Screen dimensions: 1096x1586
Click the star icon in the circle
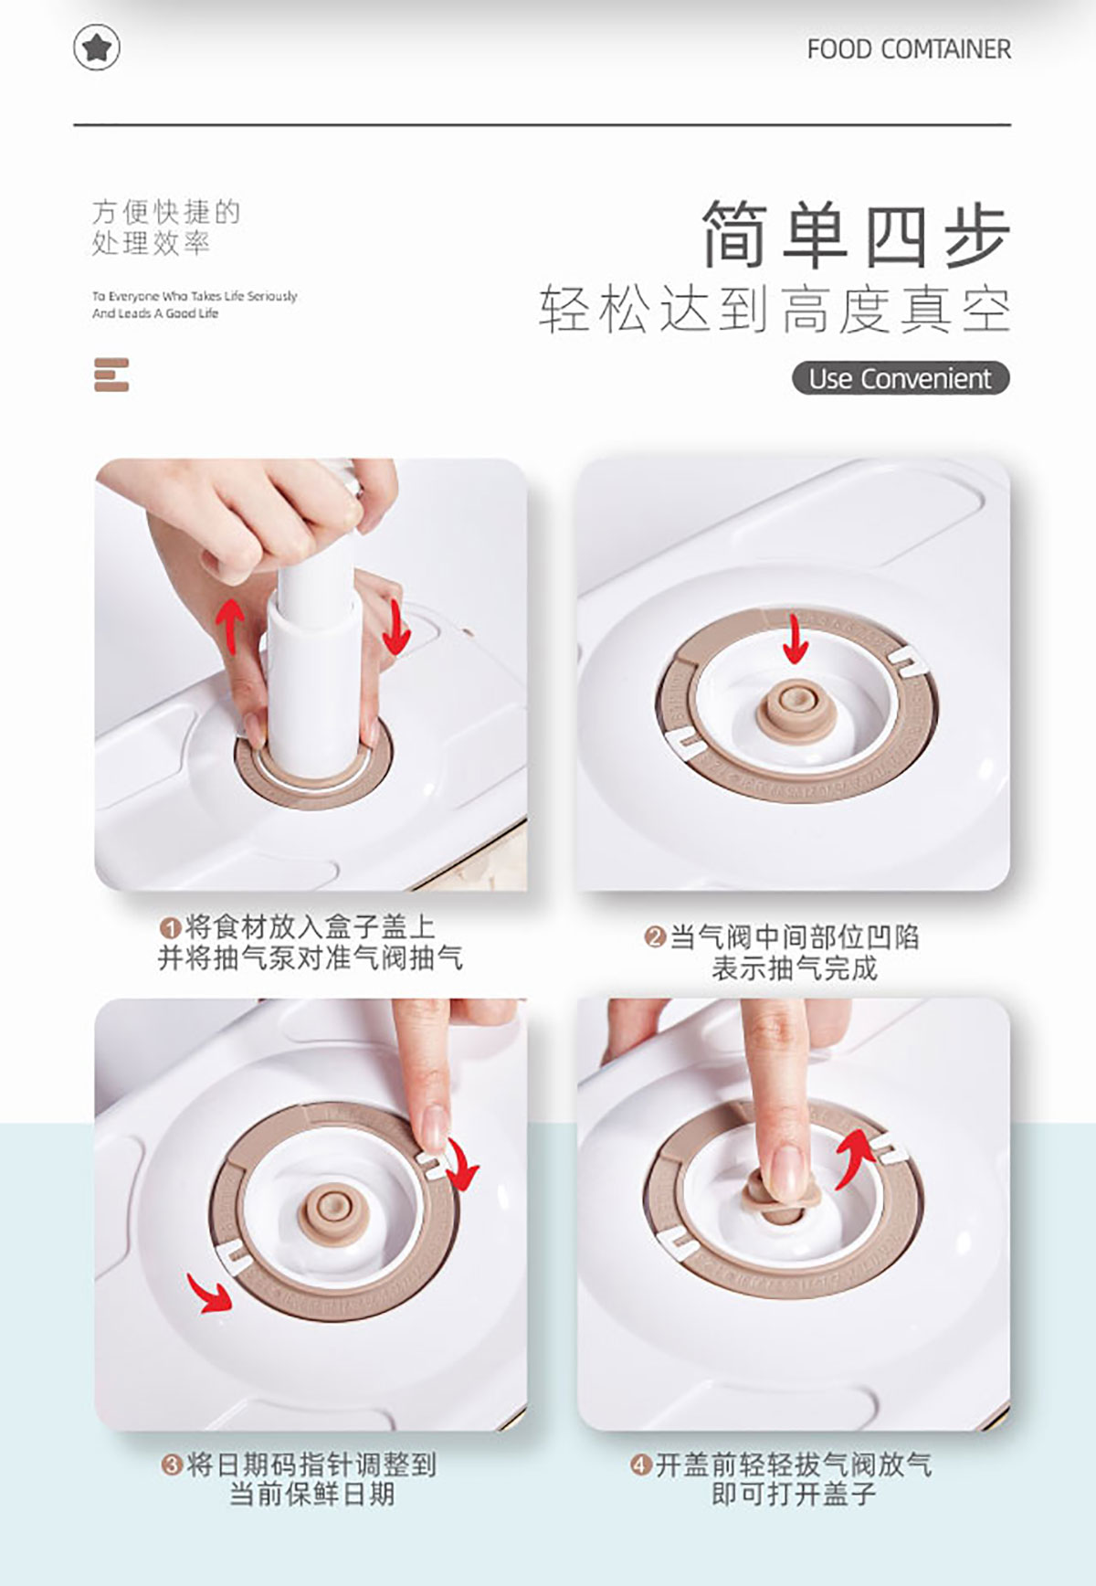[97, 48]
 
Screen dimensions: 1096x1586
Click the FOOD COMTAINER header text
[909, 49]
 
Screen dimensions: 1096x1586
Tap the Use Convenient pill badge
[901, 378]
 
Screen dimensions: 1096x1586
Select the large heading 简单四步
[856, 235]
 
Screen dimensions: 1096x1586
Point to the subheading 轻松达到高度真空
[775, 310]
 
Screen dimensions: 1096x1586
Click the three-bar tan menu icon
[111, 375]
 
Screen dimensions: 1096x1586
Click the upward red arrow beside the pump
[229, 625]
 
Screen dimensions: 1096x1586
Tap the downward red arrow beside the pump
[395, 627]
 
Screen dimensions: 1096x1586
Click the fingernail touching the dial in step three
[433, 1129]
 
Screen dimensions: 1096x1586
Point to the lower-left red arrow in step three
[209, 1292]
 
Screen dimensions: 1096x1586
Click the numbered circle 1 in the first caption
[169, 928]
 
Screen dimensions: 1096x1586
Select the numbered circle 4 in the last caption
[640, 1465]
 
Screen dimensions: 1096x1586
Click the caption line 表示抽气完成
[795, 967]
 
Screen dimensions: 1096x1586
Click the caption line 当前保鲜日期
[311, 1495]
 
